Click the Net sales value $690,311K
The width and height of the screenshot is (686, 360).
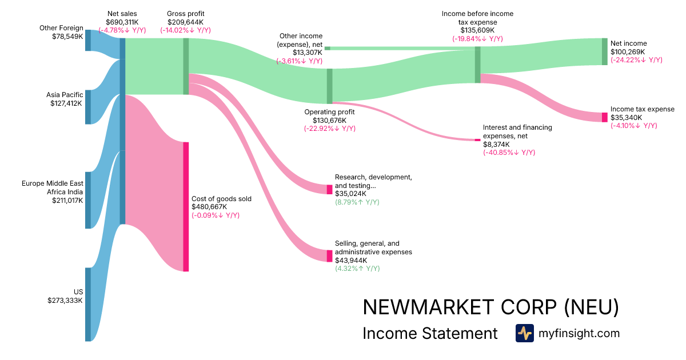pyautogui.click(x=122, y=22)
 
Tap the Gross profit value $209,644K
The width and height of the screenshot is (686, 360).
pyautogui.click(x=185, y=22)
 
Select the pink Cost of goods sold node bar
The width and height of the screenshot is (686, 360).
pyautogui.click(x=186, y=206)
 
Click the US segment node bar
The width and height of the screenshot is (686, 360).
pyautogui.click(x=88, y=304)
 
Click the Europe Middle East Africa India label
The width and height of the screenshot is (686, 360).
pyautogui.click(x=53, y=187)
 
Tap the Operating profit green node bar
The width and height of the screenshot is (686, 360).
pyautogui.click(x=329, y=86)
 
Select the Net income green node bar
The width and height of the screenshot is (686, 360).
pyautogui.click(x=604, y=51)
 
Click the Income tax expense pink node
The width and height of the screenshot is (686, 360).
pyautogui.click(x=604, y=117)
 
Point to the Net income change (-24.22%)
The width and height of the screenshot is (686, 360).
pyautogui.click(x=636, y=59)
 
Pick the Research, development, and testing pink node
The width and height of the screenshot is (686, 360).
pyautogui.click(x=329, y=189)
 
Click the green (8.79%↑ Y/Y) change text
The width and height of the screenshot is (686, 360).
pyautogui.click(x=357, y=202)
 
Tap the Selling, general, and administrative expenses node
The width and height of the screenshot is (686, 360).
pyautogui.click(x=329, y=255)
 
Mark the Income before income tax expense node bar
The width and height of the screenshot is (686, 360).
pyautogui.click(x=477, y=65)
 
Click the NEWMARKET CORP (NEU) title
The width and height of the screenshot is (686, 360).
pyautogui.click(x=490, y=307)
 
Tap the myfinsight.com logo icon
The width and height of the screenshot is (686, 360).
pyautogui.click(x=525, y=333)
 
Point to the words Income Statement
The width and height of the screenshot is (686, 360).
pyautogui.click(x=430, y=333)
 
